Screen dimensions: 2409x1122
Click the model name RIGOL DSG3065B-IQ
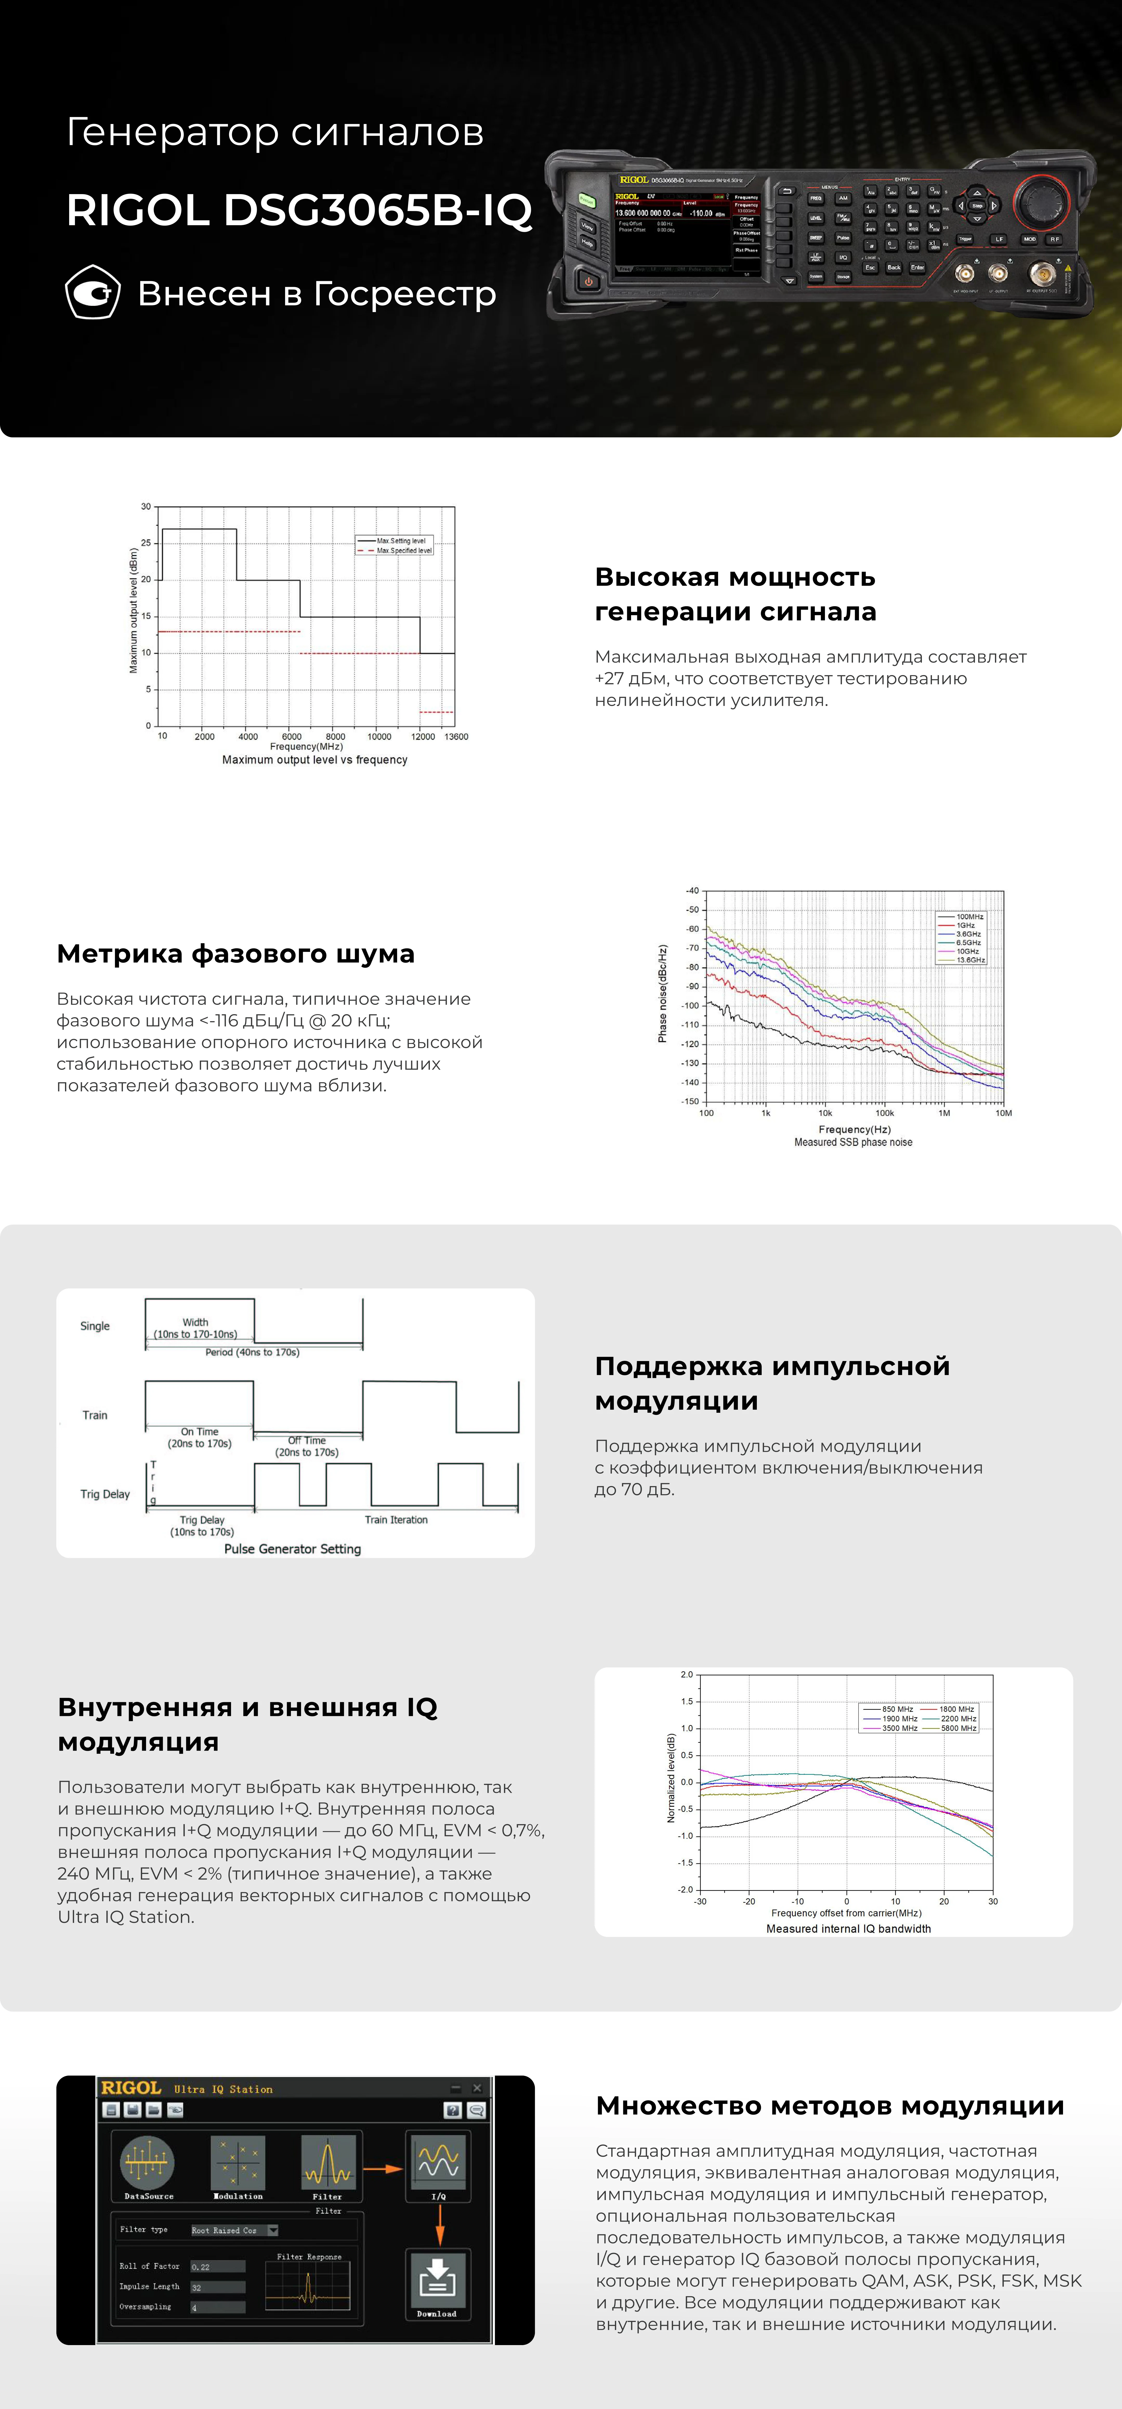click(x=299, y=209)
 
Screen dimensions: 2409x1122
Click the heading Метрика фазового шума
click(x=236, y=954)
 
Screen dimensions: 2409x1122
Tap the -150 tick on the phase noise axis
click(x=691, y=1102)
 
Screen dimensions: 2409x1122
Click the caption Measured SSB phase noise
click(x=853, y=1143)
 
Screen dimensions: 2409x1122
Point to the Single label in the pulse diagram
click(x=94, y=1326)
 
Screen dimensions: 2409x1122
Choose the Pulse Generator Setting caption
click(x=292, y=1550)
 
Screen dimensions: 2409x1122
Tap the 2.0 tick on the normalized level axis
click(x=687, y=1675)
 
